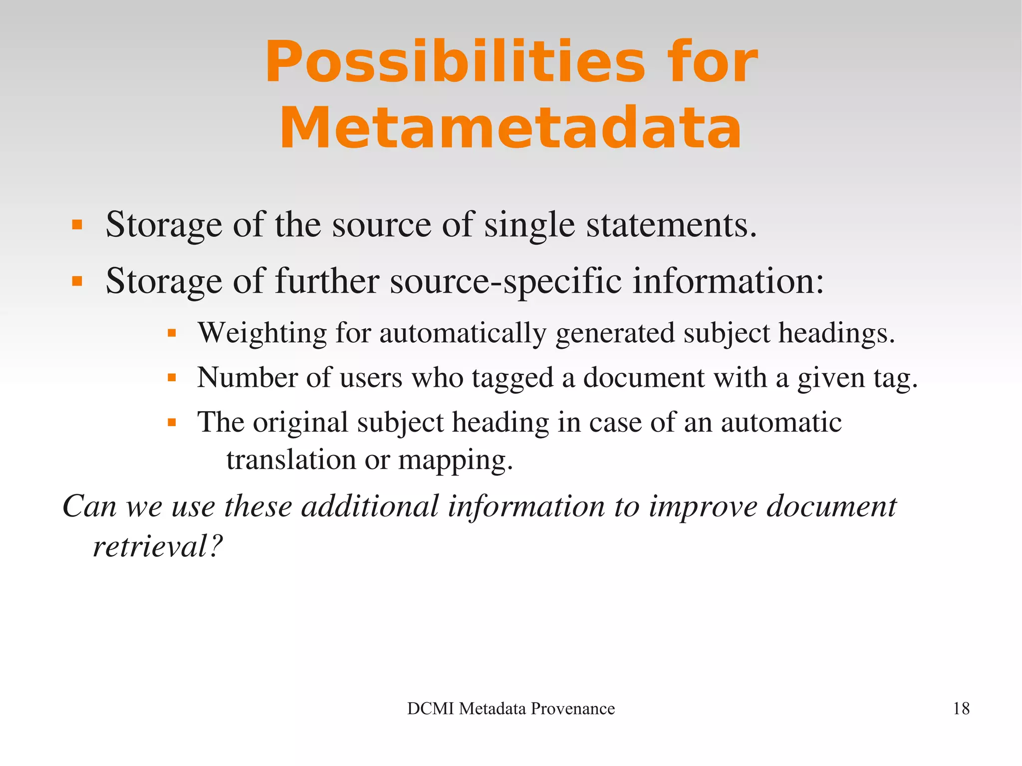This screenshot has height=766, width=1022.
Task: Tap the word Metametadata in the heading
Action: click(x=511, y=128)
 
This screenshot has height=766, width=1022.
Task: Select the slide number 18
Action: click(x=961, y=709)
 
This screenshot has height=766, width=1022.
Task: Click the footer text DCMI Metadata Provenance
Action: click(x=511, y=709)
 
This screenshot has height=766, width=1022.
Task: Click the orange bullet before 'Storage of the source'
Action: click(x=77, y=225)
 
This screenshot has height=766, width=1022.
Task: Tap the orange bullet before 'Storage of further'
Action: click(x=77, y=281)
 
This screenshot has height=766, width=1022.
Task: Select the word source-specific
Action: click(x=506, y=281)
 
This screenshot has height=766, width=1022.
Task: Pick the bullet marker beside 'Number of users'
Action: click(x=172, y=378)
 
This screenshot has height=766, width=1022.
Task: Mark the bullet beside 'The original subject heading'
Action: click(x=172, y=423)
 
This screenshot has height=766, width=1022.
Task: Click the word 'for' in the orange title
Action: click(x=714, y=62)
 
